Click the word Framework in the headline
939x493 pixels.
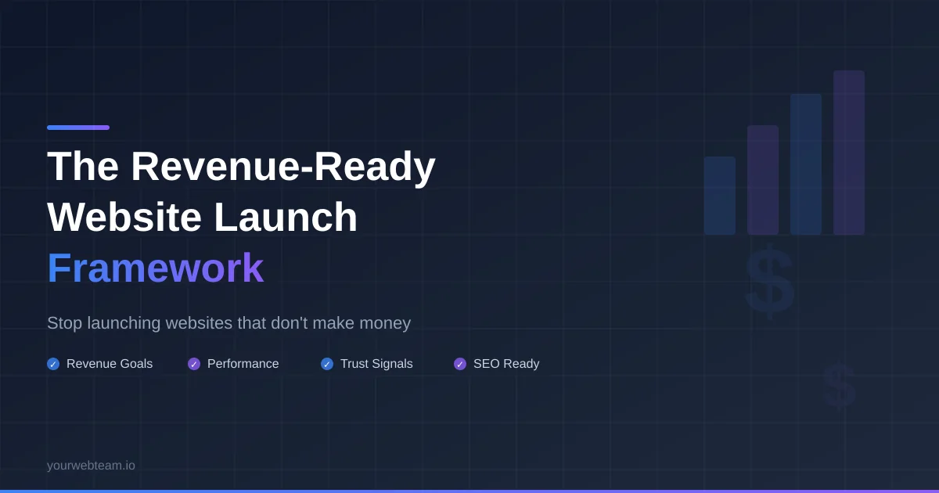pos(155,268)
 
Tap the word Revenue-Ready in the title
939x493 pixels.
pos(282,166)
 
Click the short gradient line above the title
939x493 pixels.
pos(78,128)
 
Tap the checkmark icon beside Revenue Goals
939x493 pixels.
pos(53,364)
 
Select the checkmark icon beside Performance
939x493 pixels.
pos(194,364)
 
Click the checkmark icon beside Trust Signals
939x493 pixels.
pos(327,364)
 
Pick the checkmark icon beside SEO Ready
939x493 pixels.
pos(460,364)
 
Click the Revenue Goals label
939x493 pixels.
pos(110,364)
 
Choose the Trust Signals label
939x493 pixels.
pos(376,364)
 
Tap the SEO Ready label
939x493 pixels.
pos(506,364)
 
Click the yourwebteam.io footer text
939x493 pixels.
pos(91,466)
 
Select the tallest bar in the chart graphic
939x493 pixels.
pos(849,153)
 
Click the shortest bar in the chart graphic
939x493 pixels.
pos(720,196)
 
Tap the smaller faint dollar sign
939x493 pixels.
pos(839,386)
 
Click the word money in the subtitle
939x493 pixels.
pos(385,323)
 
